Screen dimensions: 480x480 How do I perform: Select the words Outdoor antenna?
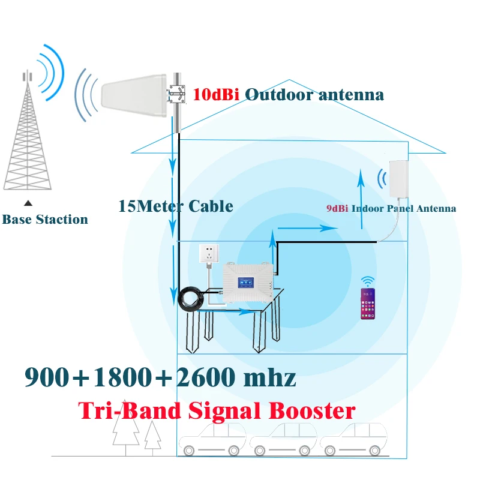[x=314, y=94]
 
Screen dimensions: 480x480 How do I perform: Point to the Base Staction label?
[x=45, y=220]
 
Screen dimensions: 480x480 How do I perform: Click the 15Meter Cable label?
[x=175, y=206]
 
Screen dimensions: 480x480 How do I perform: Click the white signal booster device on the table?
[x=248, y=283]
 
